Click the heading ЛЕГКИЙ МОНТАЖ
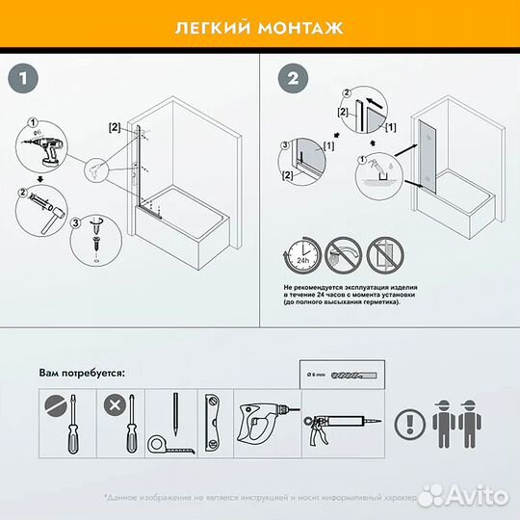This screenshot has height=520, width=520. pos(259,26)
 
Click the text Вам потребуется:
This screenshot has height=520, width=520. pos(83,372)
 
